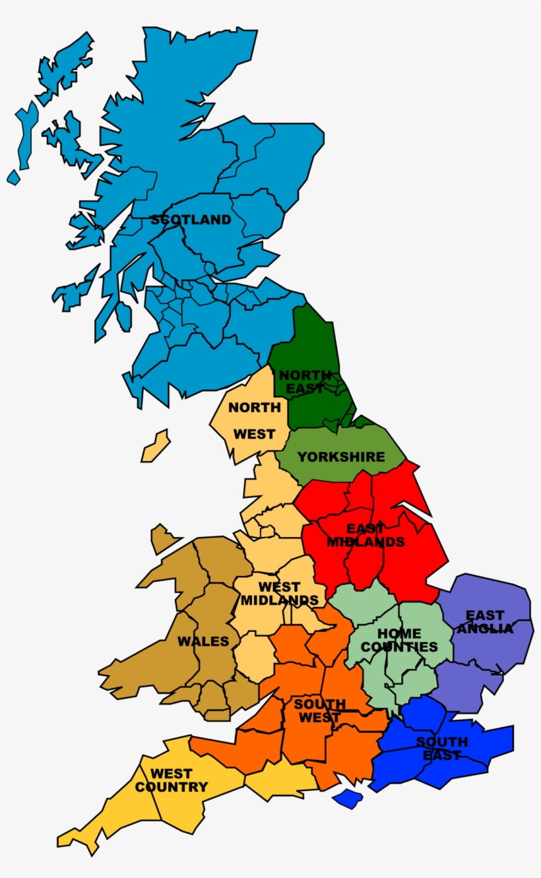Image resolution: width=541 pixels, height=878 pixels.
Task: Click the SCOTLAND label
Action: [191, 220]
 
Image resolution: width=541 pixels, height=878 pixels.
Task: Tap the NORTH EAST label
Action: [305, 382]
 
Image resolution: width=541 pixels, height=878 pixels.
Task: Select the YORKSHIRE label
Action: [340, 456]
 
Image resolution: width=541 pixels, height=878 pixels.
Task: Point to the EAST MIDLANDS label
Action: [366, 535]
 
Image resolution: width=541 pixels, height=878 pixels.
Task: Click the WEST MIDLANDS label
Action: [279, 594]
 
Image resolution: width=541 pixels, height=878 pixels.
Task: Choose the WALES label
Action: [203, 641]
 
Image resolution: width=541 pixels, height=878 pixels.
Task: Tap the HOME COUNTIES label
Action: [399, 641]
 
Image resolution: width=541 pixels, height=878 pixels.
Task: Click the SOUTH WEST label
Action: [319, 711]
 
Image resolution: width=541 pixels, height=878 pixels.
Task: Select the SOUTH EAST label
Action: [442, 749]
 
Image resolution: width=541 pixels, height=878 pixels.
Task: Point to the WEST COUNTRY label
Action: [172, 780]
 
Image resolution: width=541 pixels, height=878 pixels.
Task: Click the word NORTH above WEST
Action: [254, 408]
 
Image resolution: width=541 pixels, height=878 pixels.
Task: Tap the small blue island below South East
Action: [348, 799]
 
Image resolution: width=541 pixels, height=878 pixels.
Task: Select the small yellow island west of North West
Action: [156, 447]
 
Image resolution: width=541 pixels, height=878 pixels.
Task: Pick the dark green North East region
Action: [307, 343]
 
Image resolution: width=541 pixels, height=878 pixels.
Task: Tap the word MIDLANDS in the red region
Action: [366, 542]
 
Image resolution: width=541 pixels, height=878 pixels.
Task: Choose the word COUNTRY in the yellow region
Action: [172, 787]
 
